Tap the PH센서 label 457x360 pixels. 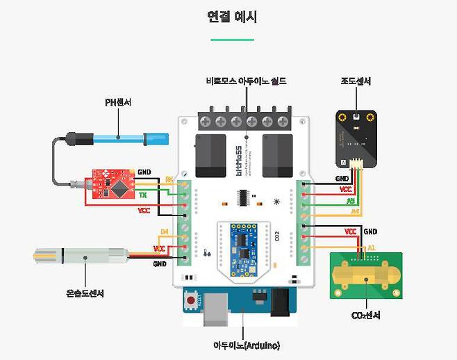click(118, 103)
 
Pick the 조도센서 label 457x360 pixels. click(355, 81)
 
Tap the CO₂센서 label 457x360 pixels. click(365, 316)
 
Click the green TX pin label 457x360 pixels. click(143, 195)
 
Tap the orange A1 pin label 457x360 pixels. click(371, 247)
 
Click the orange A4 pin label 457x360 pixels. click(354, 211)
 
